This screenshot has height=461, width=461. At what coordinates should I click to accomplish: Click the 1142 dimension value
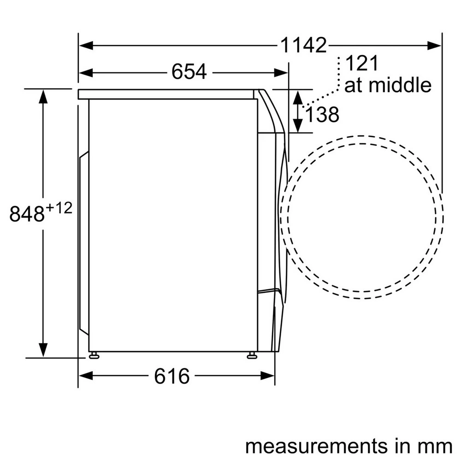[x=303, y=45]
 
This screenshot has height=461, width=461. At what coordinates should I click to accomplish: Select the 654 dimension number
[x=189, y=72]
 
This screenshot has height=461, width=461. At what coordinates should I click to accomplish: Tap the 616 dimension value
[x=171, y=376]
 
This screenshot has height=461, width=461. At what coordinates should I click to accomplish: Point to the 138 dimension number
[x=322, y=115]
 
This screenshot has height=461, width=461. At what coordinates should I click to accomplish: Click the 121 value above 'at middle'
[x=361, y=63]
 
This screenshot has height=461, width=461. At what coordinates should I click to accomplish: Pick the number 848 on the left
[x=27, y=214]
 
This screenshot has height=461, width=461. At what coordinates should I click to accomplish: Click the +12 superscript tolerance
[x=59, y=208]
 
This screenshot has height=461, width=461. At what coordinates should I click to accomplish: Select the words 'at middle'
[x=388, y=85]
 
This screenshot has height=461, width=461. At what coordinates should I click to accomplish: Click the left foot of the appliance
[x=94, y=355]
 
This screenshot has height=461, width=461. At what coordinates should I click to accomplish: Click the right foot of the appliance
[x=252, y=355]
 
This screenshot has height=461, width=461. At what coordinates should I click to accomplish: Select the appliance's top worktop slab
[x=166, y=94]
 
